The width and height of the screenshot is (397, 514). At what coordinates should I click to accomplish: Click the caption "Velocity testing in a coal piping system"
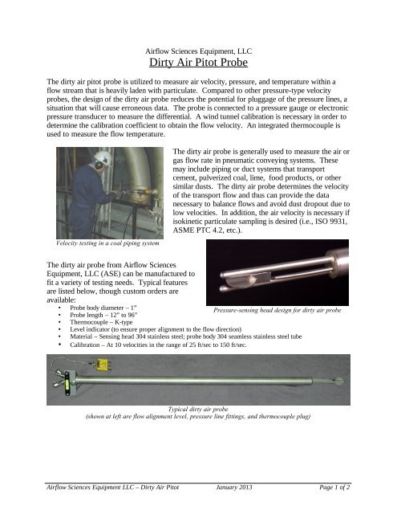click(x=104, y=243)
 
